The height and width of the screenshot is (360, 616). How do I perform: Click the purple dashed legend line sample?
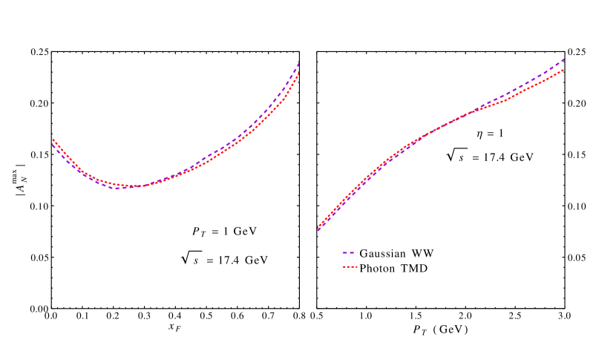(x=350, y=252)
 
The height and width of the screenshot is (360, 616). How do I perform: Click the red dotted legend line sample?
(x=350, y=266)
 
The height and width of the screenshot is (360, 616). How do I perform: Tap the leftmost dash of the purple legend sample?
(x=344, y=252)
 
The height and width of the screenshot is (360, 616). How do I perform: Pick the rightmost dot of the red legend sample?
(x=356, y=266)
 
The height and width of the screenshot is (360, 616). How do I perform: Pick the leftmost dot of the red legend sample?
(x=344, y=266)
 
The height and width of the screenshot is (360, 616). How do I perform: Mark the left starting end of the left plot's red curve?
(x=52, y=138)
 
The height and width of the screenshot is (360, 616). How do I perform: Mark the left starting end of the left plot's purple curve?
(x=52, y=144)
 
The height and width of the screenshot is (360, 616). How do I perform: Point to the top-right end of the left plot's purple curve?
(x=298, y=64)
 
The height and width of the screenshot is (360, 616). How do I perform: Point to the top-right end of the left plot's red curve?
(x=298, y=74)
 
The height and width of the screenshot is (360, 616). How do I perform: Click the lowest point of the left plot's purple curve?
(x=117, y=189)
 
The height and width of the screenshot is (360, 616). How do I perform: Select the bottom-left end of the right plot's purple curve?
(x=318, y=230)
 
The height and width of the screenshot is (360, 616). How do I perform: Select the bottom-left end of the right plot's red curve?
(x=319, y=226)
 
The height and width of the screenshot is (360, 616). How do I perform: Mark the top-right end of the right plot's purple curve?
(x=564, y=59)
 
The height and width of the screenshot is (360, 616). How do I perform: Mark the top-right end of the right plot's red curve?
(x=564, y=70)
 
